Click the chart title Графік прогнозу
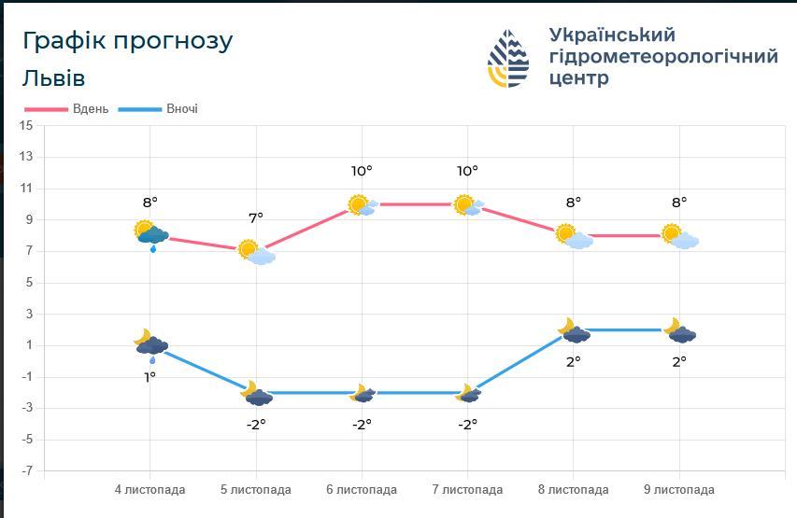pyautogui.click(x=127, y=41)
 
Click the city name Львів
pyautogui.click(x=53, y=77)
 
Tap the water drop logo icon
pyautogui.click(x=508, y=58)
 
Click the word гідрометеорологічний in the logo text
pyautogui.click(x=663, y=57)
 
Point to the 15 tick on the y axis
pyautogui.click(x=26, y=125)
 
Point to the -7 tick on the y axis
pyautogui.click(x=26, y=471)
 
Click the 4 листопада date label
pyautogui.click(x=149, y=490)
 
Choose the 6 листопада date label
pyautogui.click(x=362, y=490)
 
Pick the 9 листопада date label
pyautogui.click(x=679, y=490)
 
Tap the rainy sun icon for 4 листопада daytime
pyautogui.click(x=150, y=234)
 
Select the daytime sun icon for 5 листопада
pyautogui.click(x=255, y=252)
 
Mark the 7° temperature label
pyautogui.click(x=256, y=217)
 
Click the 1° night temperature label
pyautogui.click(x=149, y=377)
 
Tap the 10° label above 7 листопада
pyautogui.click(x=467, y=171)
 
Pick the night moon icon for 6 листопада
pyautogui.click(x=363, y=394)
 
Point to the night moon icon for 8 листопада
pyautogui.click(x=574, y=331)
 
